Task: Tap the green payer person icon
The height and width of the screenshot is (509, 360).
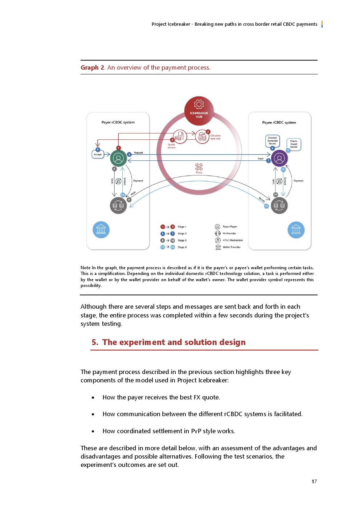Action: click(x=118, y=158)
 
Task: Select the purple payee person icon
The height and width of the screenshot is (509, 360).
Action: click(x=279, y=158)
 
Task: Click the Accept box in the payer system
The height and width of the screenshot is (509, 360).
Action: click(x=98, y=155)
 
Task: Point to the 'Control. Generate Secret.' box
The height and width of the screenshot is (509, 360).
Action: click(x=273, y=141)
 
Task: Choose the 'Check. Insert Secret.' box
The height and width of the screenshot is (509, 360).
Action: click(x=294, y=144)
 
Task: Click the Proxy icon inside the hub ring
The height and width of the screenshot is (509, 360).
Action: click(x=199, y=167)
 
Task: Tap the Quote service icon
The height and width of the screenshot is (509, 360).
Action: click(x=179, y=136)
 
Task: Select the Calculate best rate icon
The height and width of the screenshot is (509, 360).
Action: click(x=202, y=137)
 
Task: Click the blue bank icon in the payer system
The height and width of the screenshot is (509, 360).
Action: click(x=101, y=230)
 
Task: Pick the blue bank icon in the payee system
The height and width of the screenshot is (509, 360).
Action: click(x=296, y=230)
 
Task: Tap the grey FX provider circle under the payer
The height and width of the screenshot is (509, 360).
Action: click(x=118, y=206)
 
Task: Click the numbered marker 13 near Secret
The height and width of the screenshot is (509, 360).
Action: click(x=266, y=206)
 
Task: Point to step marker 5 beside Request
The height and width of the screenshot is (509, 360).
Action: click(x=129, y=155)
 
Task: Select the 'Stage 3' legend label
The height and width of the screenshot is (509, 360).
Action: click(x=182, y=241)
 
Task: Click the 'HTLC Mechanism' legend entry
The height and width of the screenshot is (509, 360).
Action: click(x=233, y=240)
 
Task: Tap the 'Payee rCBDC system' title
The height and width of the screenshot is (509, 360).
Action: click(x=279, y=123)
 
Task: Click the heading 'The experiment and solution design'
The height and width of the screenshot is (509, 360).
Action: click(x=174, y=342)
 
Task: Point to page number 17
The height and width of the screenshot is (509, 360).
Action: click(x=314, y=481)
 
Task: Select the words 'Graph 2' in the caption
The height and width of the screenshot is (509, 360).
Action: click(x=92, y=67)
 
